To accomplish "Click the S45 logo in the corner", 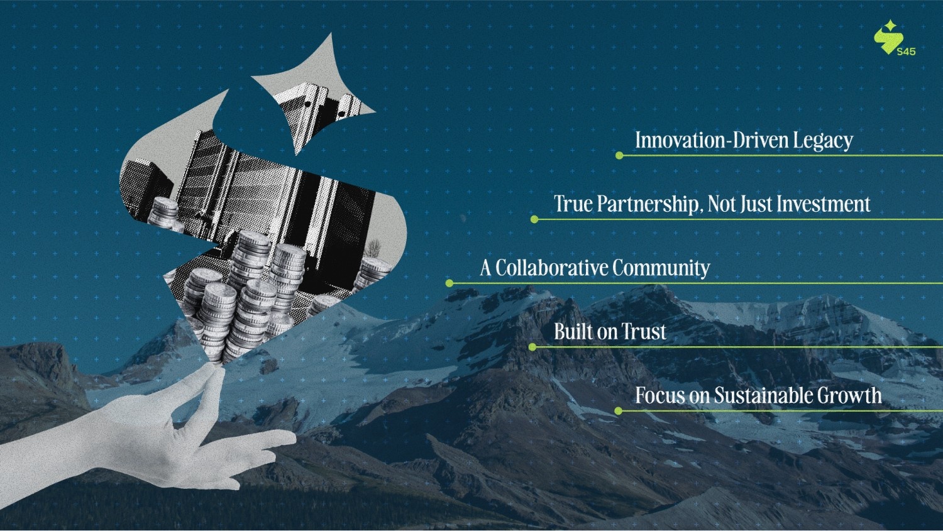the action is click(894, 38).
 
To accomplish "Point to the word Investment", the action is click(824, 204).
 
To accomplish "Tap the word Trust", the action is click(644, 332).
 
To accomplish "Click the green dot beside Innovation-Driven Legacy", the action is click(619, 155).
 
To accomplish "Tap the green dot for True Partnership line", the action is click(534, 219).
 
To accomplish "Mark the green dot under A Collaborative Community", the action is click(449, 283).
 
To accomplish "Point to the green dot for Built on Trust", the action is click(532, 347).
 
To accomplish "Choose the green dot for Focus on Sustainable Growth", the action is click(618, 411).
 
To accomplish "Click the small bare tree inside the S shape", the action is click(373, 248).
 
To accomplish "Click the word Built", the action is click(573, 332).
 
